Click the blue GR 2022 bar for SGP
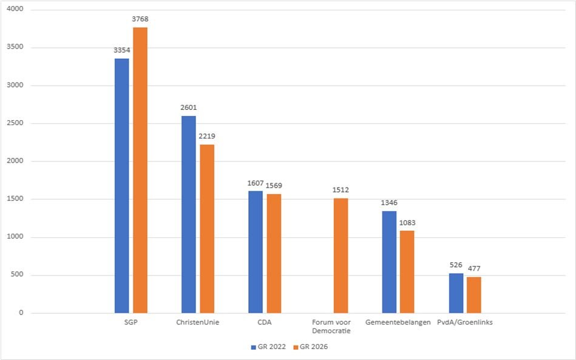[121, 185]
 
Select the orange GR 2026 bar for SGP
[140, 170]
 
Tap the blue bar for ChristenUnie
[188, 214]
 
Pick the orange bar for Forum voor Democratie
[341, 256]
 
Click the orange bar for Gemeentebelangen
[407, 272]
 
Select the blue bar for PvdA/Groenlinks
[456, 293]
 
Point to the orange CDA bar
[274, 254]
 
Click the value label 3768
[140, 19]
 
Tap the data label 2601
[188, 107]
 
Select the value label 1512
[341, 190]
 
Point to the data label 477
[474, 268]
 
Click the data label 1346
[389, 203]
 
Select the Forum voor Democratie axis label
[331, 327]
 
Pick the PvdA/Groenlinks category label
[465, 322]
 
